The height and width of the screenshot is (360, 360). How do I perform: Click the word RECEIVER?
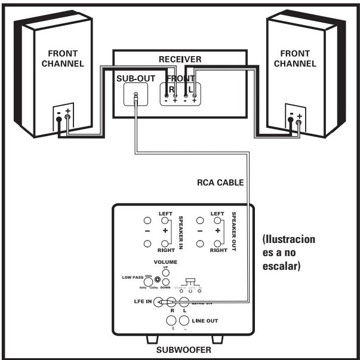point(180,60)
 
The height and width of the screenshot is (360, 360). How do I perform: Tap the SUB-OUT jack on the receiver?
point(137,95)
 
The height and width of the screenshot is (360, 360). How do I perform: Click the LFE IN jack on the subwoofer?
point(158,302)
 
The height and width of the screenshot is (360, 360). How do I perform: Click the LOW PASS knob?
point(158,279)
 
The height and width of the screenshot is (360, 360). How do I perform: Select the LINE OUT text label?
point(205,321)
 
